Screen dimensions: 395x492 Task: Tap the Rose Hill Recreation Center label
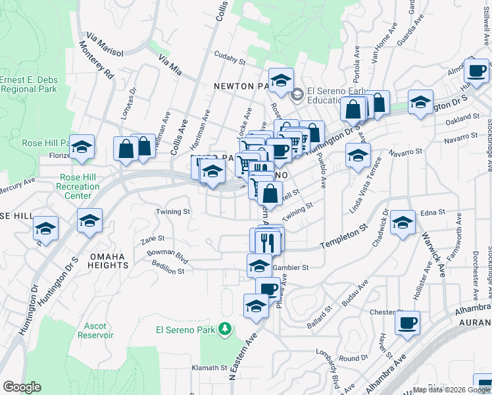tap(79, 186)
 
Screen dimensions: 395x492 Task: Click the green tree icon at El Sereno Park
tap(225, 328)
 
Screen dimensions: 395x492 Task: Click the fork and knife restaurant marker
tap(266, 242)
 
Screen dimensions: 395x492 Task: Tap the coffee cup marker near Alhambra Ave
tap(408, 323)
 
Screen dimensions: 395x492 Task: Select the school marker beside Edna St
tap(403, 223)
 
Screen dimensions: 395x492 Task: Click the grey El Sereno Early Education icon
tap(297, 95)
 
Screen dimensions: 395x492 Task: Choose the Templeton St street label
tap(343, 238)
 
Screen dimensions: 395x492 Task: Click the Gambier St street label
tap(295, 268)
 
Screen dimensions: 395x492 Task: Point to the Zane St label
tap(152, 240)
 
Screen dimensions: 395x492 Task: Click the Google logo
tap(22, 387)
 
